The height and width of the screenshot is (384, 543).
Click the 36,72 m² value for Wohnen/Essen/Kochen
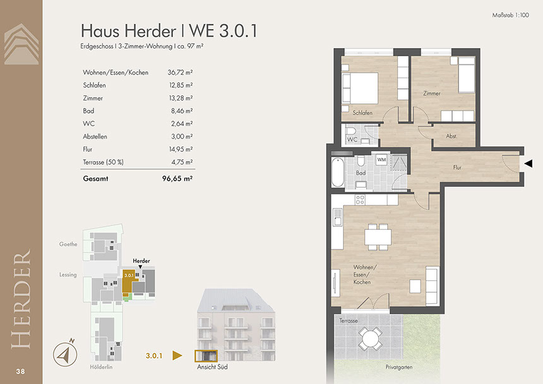click(180, 73)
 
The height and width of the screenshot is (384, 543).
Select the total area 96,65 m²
click(177, 179)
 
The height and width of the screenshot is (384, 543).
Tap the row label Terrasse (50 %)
click(103, 162)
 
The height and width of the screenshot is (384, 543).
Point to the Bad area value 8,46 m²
click(182, 111)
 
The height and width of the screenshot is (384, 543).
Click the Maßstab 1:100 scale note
click(510, 15)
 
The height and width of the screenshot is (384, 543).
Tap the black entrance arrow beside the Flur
click(528, 164)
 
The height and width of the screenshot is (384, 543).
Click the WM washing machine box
click(381, 160)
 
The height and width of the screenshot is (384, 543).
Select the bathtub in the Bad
click(338, 172)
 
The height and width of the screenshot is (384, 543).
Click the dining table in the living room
click(378, 237)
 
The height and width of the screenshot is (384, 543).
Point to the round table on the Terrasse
click(370, 339)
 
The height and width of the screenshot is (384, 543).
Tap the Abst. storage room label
click(451, 136)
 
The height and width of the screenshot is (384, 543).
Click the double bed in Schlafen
click(359, 88)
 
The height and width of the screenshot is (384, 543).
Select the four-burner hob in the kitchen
click(360, 200)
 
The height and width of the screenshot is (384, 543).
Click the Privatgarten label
click(399, 367)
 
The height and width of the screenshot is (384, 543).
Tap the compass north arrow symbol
click(65, 354)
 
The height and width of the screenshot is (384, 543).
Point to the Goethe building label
click(68, 244)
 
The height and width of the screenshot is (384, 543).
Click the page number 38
click(20, 371)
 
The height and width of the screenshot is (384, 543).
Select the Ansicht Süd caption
click(212, 367)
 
